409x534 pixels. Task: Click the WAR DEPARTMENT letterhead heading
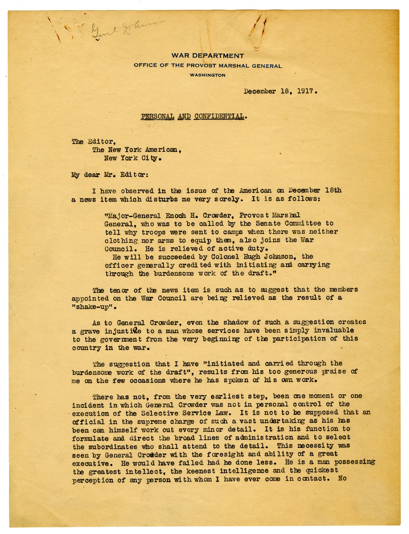207,56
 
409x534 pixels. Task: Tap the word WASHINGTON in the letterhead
207,75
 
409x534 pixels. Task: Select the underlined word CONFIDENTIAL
219,116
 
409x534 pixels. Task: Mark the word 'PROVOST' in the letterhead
202,65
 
